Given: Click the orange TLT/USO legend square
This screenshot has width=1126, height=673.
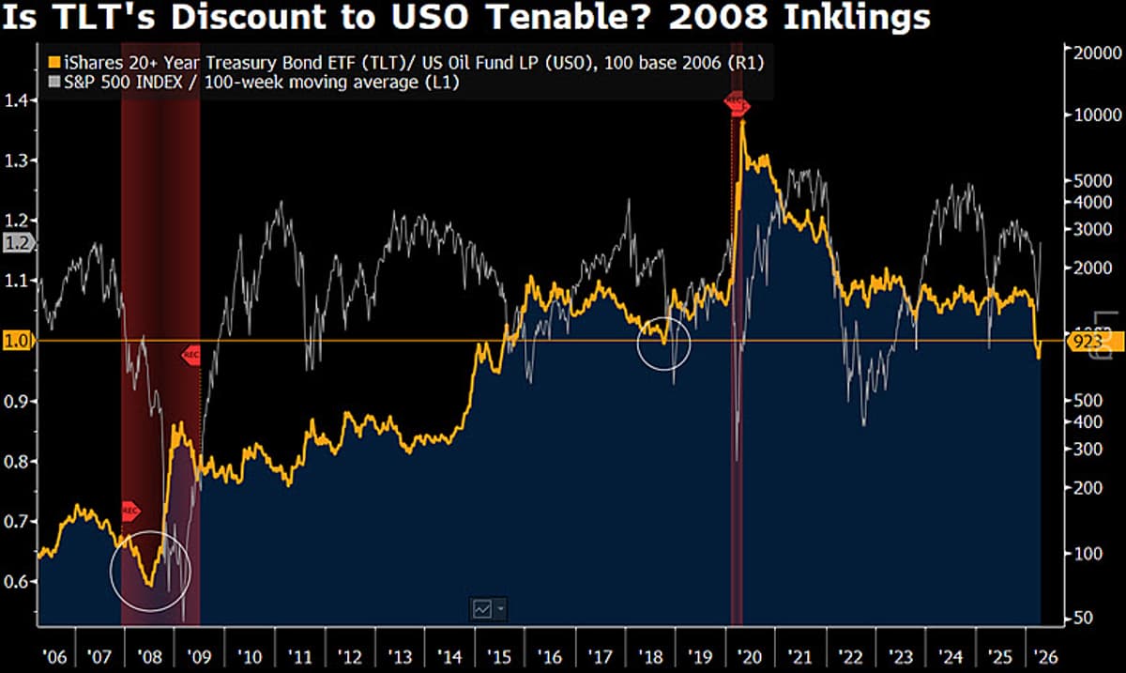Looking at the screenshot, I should click(x=53, y=63).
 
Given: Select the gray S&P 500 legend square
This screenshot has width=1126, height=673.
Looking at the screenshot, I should click(x=53, y=84).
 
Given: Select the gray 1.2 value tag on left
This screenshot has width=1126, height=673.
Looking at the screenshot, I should click(x=18, y=243).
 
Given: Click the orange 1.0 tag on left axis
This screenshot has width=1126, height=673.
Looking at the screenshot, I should click(x=18, y=341).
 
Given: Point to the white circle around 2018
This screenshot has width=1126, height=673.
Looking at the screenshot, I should click(x=663, y=344).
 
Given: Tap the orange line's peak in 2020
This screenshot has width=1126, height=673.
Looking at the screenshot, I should click(x=742, y=123).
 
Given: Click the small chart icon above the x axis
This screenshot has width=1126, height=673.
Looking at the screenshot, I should click(x=482, y=609).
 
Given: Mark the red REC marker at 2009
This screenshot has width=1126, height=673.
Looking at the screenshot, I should click(x=190, y=356).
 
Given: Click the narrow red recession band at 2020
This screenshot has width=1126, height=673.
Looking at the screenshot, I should click(x=737, y=375).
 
